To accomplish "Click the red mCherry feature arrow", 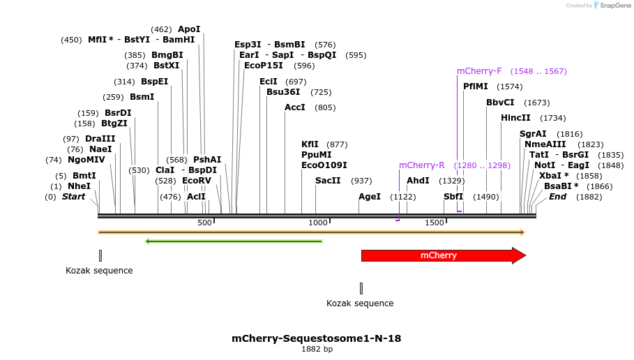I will point(438,255).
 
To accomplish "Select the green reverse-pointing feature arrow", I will point(234,241).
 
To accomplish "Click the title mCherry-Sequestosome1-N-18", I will point(316,338).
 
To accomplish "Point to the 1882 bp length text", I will point(317,349).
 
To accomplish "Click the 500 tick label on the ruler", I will point(204,223).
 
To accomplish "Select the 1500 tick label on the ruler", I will point(434,223).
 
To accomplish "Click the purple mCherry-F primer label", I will point(479,71).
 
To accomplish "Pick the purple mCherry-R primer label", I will point(421,165).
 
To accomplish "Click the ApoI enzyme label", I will point(189,29).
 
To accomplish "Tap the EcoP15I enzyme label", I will point(264,66).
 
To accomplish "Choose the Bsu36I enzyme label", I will point(283,92).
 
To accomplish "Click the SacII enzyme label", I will point(328,181).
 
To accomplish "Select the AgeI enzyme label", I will point(370,197).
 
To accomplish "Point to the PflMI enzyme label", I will point(476,87).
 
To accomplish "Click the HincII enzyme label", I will point(515,118).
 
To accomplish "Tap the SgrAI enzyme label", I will point(533,134).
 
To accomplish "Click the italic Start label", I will point(73,197).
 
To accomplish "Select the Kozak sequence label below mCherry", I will point(360,303).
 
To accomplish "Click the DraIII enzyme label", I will point(100,139).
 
